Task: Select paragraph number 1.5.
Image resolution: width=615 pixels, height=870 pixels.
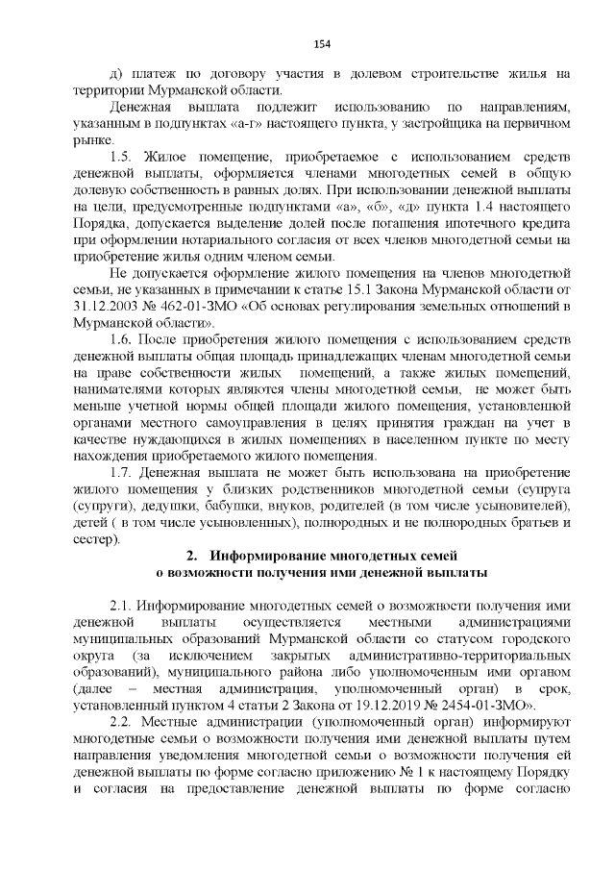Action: (122, 157)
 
